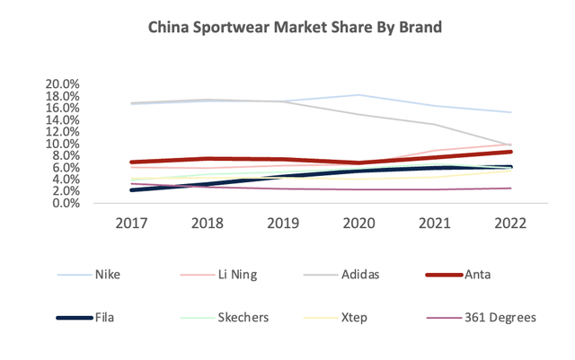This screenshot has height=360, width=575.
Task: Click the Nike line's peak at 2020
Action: tap(360, 95)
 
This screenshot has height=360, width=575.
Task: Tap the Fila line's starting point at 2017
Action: tap(132, 190)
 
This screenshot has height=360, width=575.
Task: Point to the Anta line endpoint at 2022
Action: tap(512, 152)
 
